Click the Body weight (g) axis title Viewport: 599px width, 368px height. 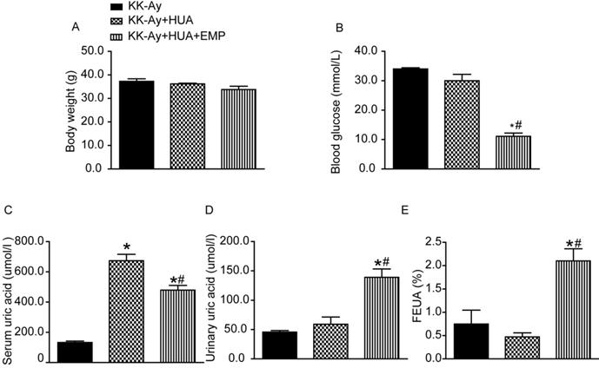pyautogui.click(x=70, y=110)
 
